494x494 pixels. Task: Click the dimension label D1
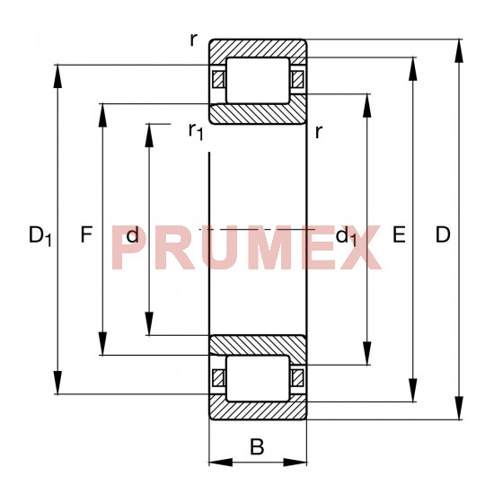[x=40, y=235]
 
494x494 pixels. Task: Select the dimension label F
[x=86, y=234]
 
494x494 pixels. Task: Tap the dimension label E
[x=399, y=234]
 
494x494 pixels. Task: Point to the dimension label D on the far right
[x=443, y=234]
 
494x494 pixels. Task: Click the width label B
[x=257, y=446]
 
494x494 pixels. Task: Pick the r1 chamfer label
[x=196, y=131]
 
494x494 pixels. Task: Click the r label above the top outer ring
[x=193, y=40]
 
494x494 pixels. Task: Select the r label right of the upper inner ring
[x=319, y=132]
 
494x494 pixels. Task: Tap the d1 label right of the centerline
[x=346, y=235]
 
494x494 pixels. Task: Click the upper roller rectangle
[x=258, y=80]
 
